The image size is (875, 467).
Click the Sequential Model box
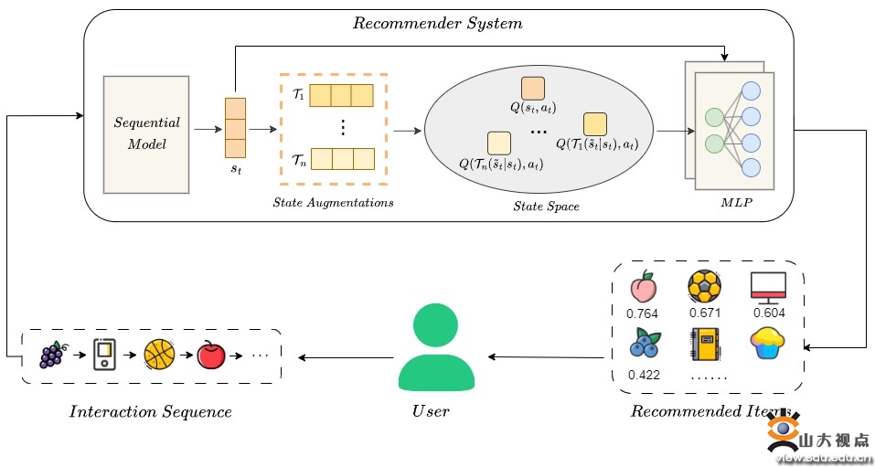click(146, 133)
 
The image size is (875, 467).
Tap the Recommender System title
click(437, 24)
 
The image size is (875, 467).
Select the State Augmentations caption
click(333, 202)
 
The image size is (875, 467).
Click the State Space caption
click(546, 207)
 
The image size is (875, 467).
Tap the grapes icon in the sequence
click(52, 354)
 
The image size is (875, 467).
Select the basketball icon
click(159, 354)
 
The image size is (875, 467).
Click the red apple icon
click(211, 354)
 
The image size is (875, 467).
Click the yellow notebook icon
click(705, 345)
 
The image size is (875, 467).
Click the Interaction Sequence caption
click(151, 411)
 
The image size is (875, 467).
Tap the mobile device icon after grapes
click(105, 354)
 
